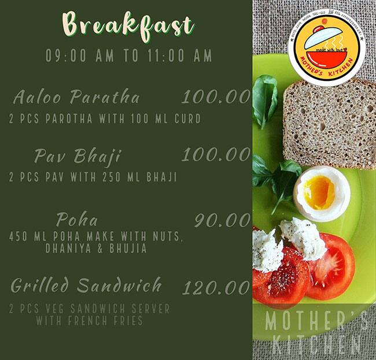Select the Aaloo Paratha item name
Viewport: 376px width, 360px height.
pyautogui.click(x=76, y=97)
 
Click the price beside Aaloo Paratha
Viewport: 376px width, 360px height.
pyautogui.click(x=216, y=97)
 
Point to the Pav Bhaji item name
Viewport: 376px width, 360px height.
pyautogui.click(x=77, y=156)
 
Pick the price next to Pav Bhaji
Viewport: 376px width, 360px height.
pyautogui.click(x=216, y=155)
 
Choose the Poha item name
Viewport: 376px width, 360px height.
pyautogui.click(x=77, y=220)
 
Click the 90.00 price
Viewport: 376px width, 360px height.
pyautogui.click(x=222, y=220)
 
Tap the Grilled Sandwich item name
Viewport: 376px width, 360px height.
pyautogui.click(x=86, y=285)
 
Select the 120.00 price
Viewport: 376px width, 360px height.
pyautogui.click(x=216, y=287)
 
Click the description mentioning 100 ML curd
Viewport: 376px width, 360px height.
pyautogui.click(x=105, y=120)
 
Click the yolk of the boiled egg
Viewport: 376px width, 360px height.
pyautogui.click(x=319, y=192)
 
